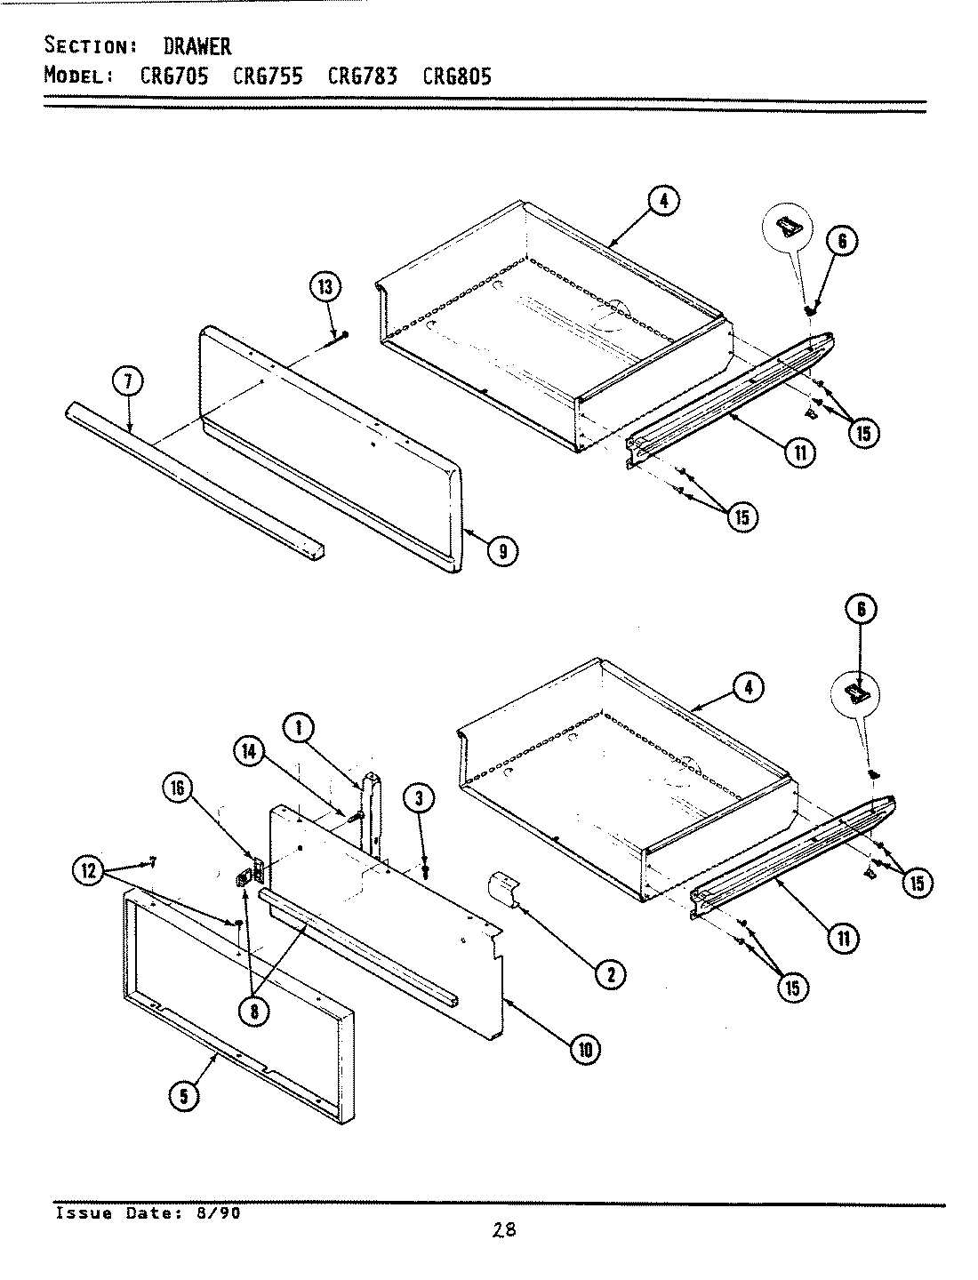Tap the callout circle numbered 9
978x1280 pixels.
pyautogui.click(x=502, y=551)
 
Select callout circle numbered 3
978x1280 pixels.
pyautogui.click(x=418, y=798)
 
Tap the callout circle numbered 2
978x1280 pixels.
pyautogui.click(x=610, y=974)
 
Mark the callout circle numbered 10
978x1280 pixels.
pyautogui.click(x=585, y=1050)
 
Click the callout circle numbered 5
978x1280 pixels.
pyautogui.click(x=184, y=1097)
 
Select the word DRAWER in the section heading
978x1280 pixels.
pyautogui.click(x=196, y=45)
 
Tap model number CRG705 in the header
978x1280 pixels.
pyautogui.click(x=174, y=75)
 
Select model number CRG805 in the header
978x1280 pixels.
pyautogui.click(x=456, y=75)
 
